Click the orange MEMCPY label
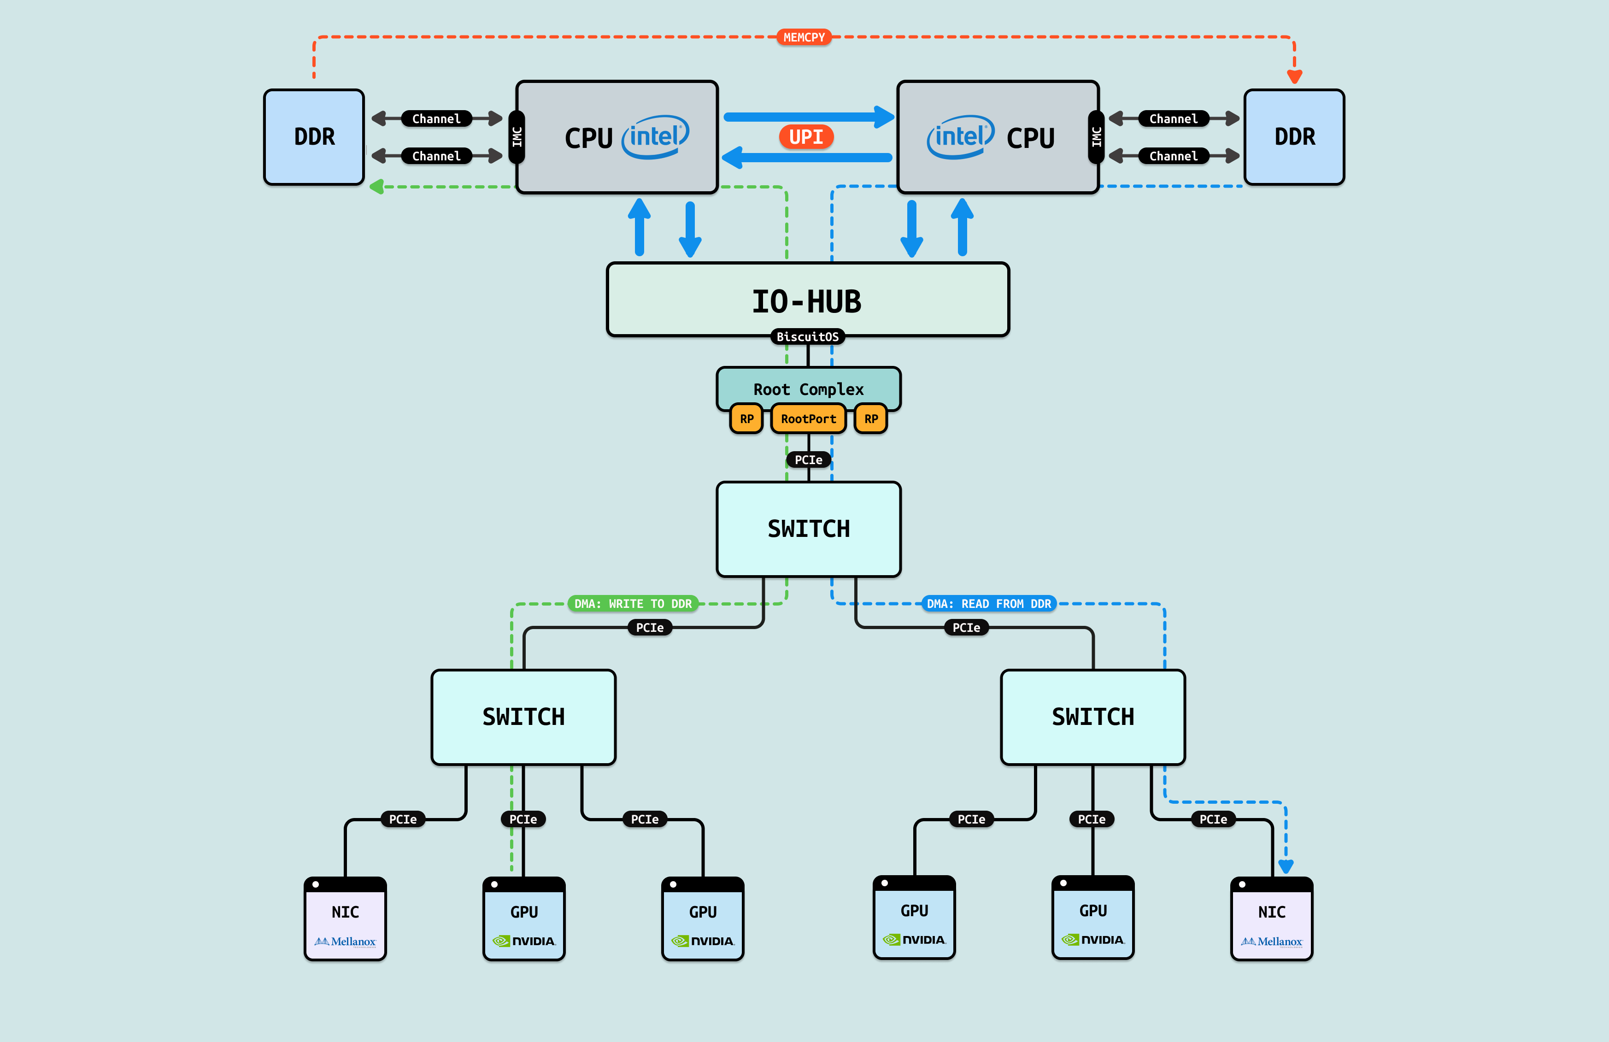(804, 37)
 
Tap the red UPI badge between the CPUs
(806, 137)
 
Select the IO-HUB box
(808, 300)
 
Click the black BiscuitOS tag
(808, 337)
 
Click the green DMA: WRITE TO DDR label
(633, 604)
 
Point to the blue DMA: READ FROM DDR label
(989, 604)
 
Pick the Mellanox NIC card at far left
(346, 919)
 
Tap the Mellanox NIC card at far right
(1272, 919)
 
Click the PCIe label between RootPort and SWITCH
(809, 460)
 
